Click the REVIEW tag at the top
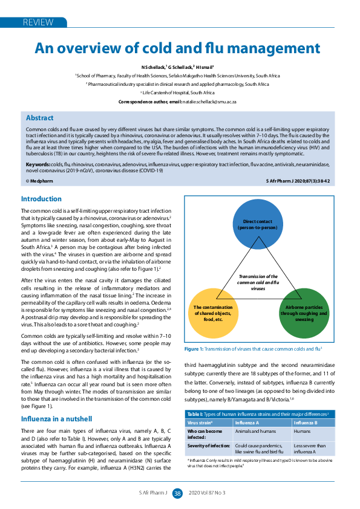(x=38, y=22)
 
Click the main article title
(x=177, y=48)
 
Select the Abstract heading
(x=39, y=118)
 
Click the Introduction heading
(x=41, y=199)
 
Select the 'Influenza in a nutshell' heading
(x=56, y=418)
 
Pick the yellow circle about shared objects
(x=214, y=313)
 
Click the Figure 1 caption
(x=253, y=349)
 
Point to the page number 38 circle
(x=177, y=493)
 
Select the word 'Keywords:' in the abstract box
(x=38, y=164)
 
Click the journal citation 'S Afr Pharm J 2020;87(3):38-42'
(x=298, y=181)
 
